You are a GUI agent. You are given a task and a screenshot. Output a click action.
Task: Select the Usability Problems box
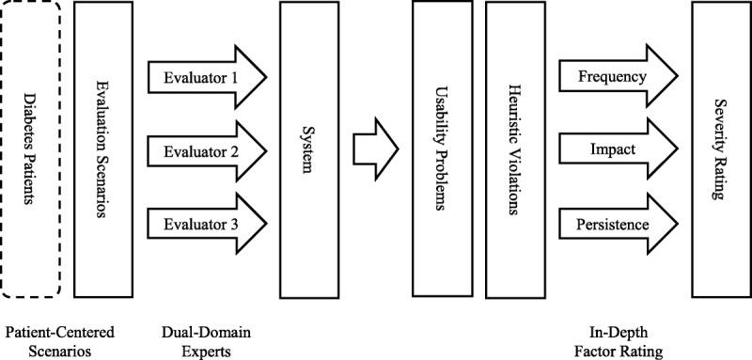(x=441, y=149)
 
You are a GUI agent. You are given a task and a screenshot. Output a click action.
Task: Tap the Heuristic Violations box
(x=513, y=149)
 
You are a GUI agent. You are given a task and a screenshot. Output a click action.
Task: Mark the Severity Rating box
(x=719, y=149)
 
